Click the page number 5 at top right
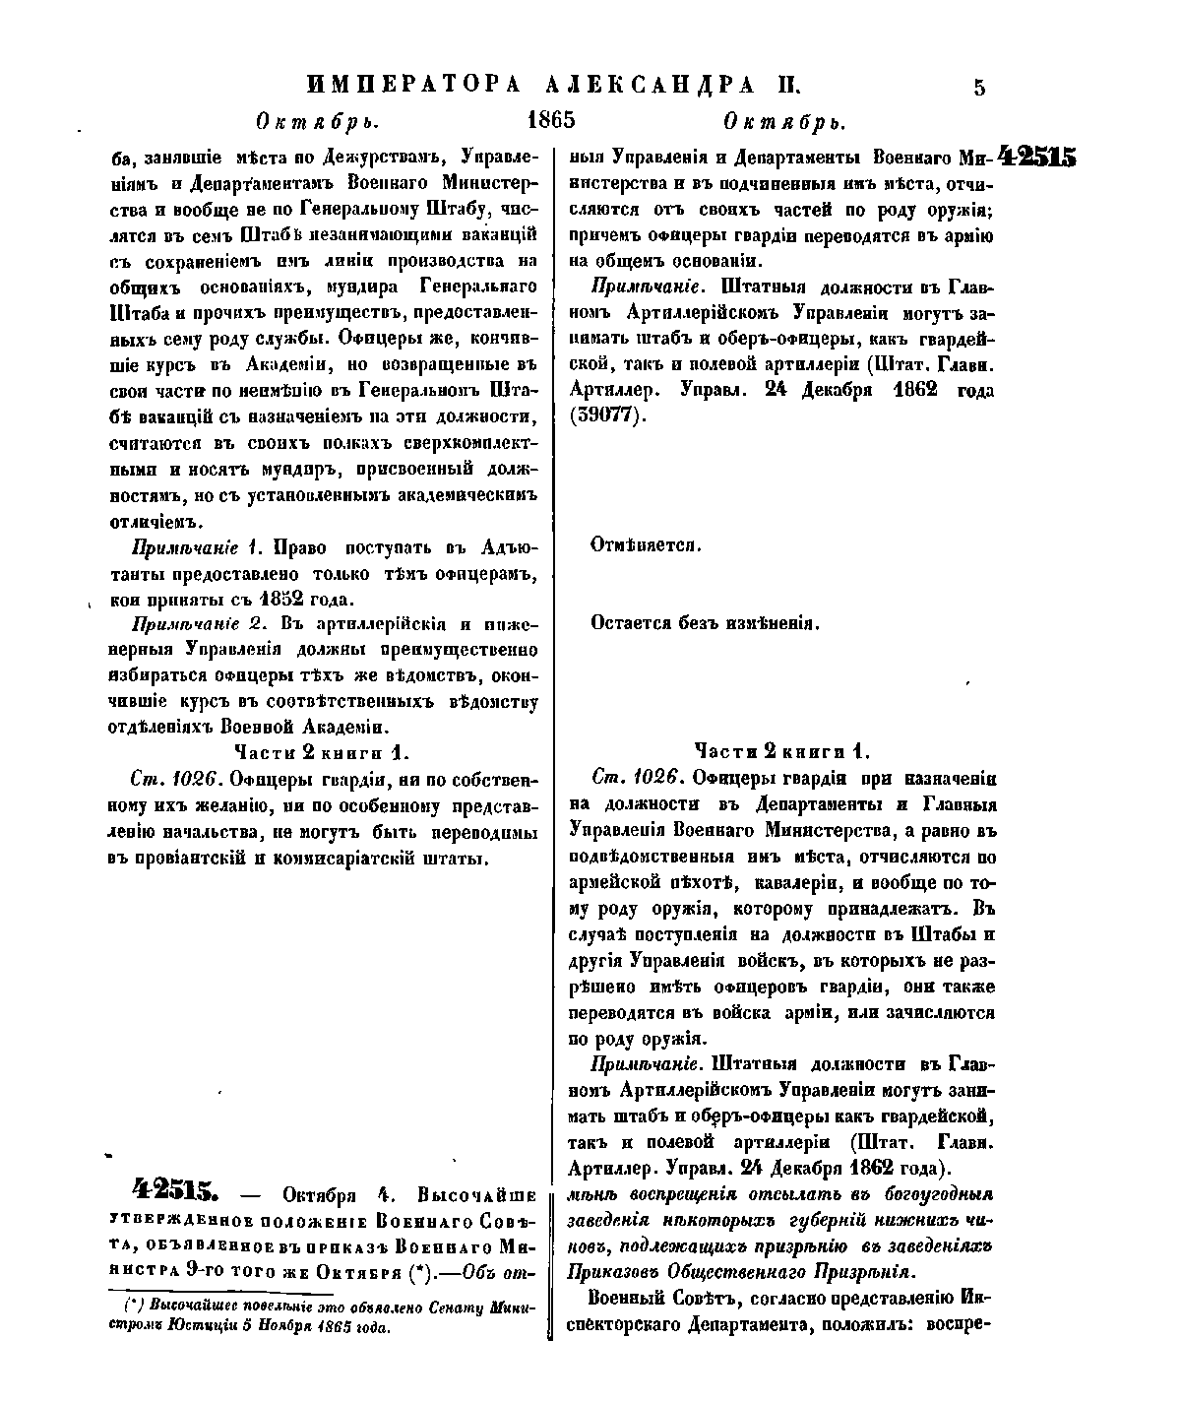(978, 87)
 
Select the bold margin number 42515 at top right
(1036, 158)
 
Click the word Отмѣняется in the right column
(645, 544)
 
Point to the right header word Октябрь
(783, 122)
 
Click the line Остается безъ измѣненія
(705, 623)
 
